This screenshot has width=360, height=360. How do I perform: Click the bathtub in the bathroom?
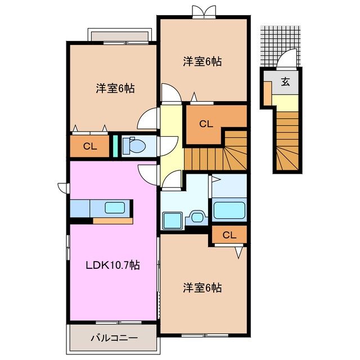[x=229, y=210]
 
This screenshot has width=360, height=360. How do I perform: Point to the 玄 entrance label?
[x=285, y=82]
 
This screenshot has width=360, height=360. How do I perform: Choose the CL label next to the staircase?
[x=206, y=123]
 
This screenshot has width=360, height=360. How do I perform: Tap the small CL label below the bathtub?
[x=228, y=235]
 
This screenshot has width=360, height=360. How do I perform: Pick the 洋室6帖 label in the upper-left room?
[x=115, y=88]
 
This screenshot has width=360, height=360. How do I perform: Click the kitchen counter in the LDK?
[x=101, y=208]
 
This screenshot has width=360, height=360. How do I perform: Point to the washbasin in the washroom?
[x=196, y=216]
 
